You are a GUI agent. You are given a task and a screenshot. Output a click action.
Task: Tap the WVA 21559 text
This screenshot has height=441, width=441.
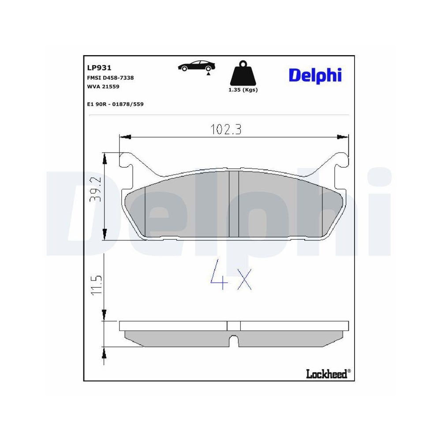pos(104,86)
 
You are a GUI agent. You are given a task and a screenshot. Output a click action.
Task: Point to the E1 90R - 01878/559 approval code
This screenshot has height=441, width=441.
pos(116,104)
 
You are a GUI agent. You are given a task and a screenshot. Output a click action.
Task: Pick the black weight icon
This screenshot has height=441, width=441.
pos(243,74)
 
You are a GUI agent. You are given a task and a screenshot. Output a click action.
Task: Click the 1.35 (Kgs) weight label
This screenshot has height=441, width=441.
pos(243,90)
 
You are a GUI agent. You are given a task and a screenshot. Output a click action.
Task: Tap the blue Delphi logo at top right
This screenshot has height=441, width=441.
pos(315,75)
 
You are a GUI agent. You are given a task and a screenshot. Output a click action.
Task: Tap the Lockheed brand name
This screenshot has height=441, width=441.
pos(326,374)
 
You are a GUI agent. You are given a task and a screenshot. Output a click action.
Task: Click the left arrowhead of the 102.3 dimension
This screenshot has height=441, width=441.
pos(125,137)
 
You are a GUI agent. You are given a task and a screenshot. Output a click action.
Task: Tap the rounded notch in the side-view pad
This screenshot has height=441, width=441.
pos(234,340)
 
